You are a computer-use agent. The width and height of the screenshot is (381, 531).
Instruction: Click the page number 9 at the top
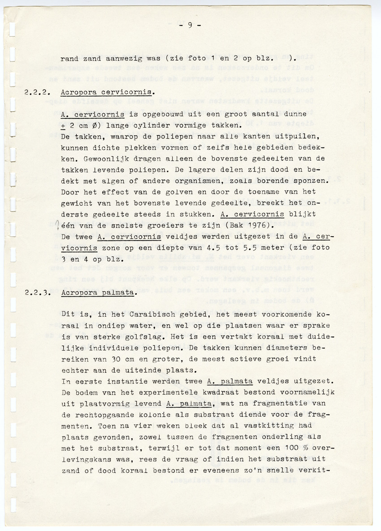point(190,25)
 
